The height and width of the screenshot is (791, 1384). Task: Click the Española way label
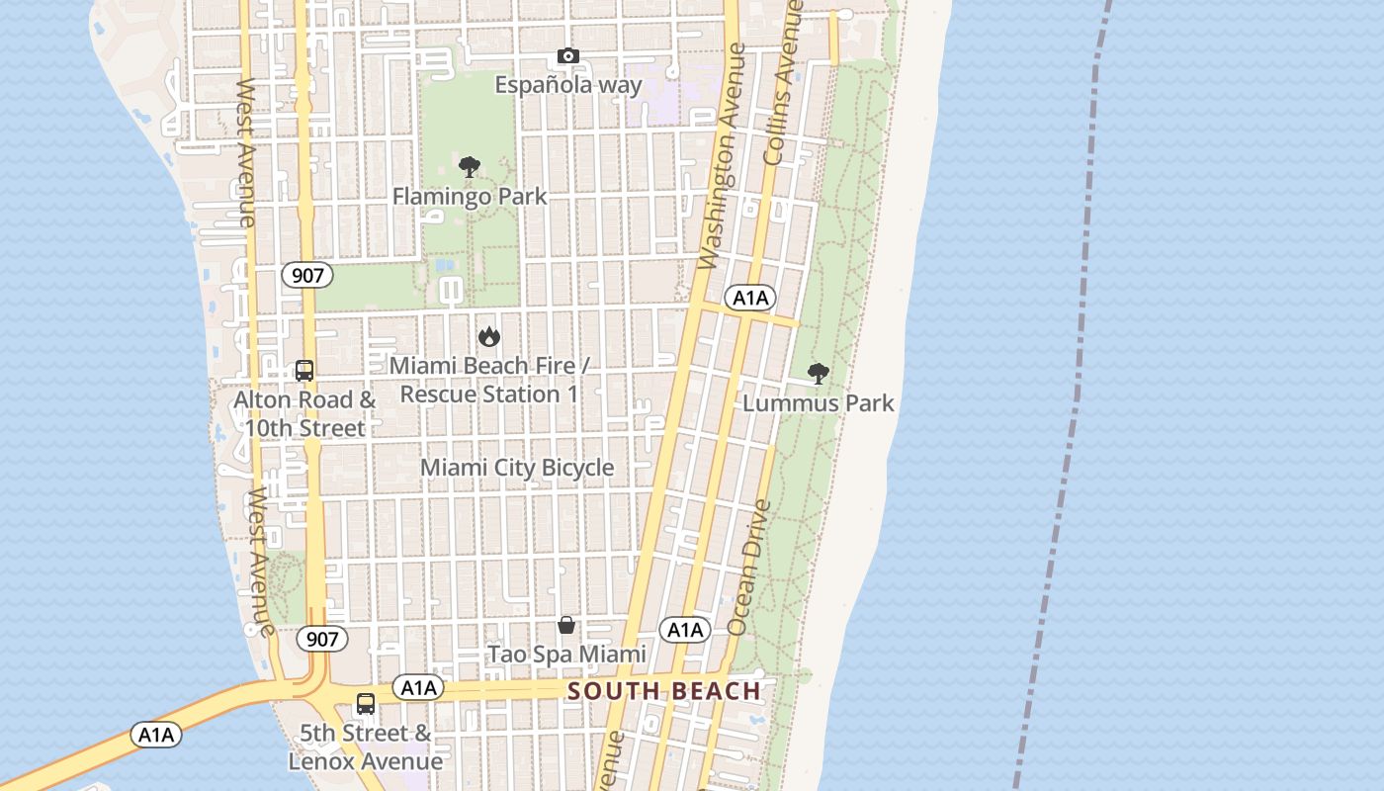click(x=568, y=85)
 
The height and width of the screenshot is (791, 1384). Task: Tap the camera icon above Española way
click(x=567, y=56)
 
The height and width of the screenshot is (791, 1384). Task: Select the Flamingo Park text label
click(x=470, y=196)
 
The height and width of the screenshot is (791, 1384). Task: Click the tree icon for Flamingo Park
click(x=470, y=167)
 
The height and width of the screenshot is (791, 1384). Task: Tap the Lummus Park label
click(x=818, y=402)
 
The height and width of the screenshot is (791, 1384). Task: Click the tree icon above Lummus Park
click(x=818, y=373)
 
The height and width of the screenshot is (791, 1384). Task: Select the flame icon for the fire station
click(x=488, y=337)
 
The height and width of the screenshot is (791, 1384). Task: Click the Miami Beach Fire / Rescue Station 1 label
click(x=489, y=380)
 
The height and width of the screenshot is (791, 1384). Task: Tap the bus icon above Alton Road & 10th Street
click(x=304, y=371)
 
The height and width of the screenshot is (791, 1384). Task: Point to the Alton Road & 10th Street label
click(x=305, y=413)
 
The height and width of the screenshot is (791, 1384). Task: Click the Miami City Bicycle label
click(x=517, y=468)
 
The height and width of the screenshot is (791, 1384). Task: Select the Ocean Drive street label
click(x=749, y=568)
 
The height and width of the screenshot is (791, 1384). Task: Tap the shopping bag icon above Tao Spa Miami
click(x=566, y=625)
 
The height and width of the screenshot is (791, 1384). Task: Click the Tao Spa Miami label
click(x=566, y=654)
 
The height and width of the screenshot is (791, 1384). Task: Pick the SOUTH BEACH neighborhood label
click(x=664, y=691)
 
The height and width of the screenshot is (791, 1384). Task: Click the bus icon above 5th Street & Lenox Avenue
click(x=366, y=704)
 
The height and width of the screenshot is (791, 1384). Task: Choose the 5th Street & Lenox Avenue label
click(x=366, y=747)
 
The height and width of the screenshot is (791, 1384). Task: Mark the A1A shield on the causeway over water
click(x=156, y=735)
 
